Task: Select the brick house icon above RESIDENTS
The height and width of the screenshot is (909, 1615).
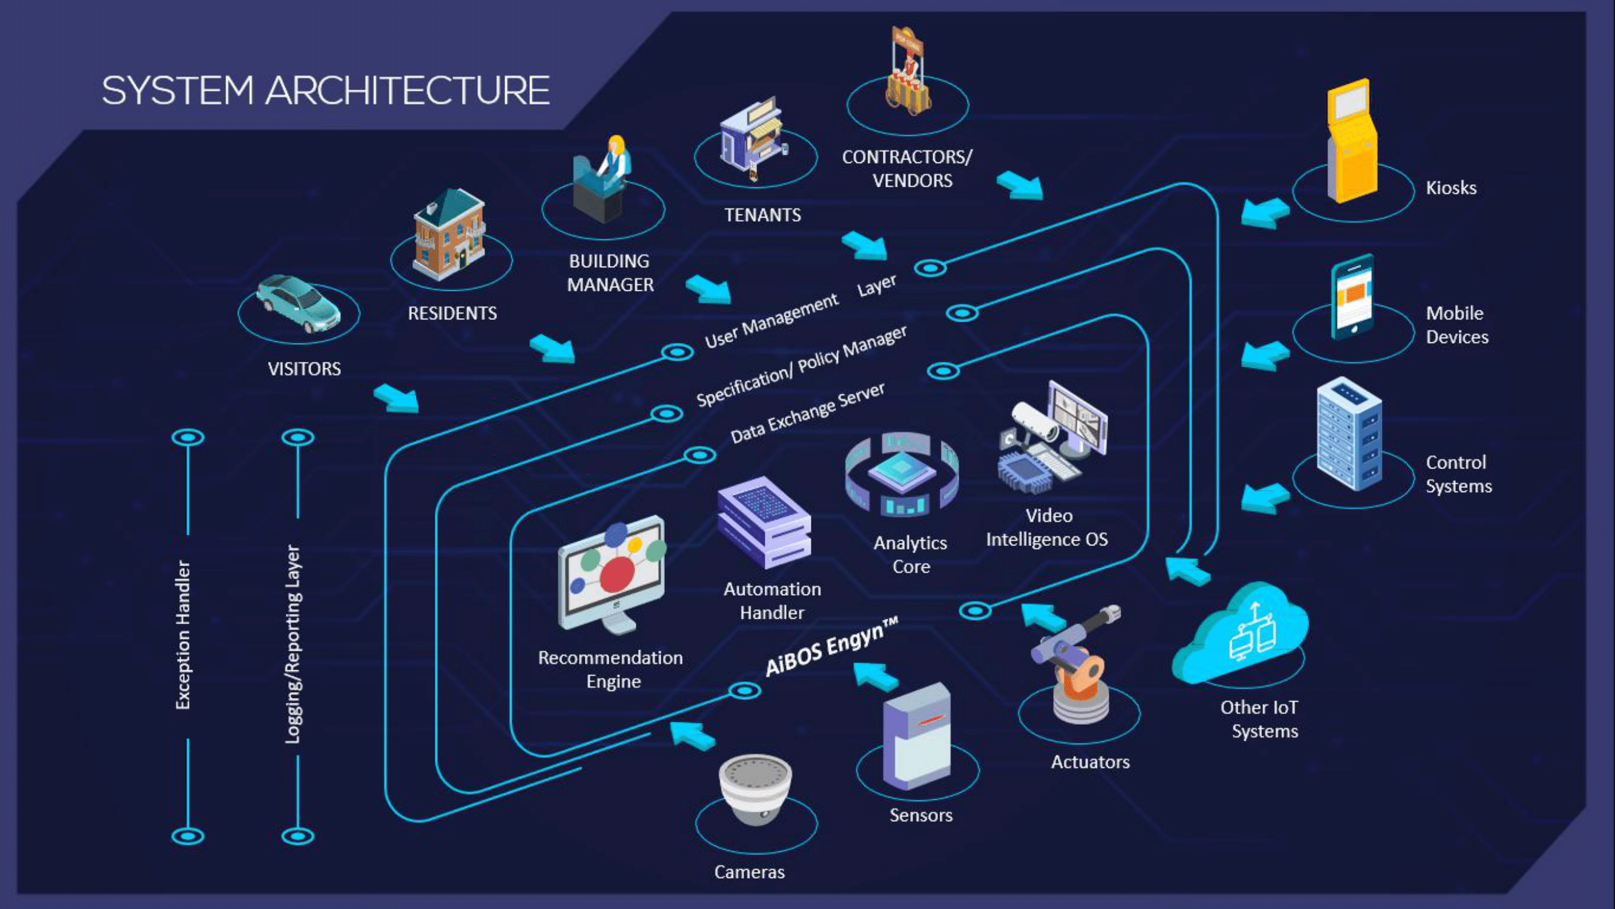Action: tap(449, 235)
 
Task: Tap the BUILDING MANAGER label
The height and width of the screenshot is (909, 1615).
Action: tap(609, 273)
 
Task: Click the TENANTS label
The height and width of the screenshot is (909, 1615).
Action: tap(762, 215)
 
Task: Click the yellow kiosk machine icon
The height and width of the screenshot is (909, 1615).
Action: tap(1352, 141)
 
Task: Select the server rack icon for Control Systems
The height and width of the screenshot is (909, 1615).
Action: tap(1349, 433)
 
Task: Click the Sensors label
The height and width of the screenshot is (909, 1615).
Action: tap(920, 815)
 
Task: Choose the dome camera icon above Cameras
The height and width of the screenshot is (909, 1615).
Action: tap(755, 788)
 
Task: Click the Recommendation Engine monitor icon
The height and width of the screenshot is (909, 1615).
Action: tap(611, 574)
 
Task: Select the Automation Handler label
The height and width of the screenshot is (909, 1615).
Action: tap(771, 601)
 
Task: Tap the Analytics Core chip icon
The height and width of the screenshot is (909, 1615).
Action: tap(901, 474)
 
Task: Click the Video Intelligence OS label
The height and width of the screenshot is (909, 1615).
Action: tap(1047, 528)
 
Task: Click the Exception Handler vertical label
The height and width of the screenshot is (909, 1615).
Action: tap(182, 635)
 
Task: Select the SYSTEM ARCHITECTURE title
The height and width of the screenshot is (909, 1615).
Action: tap(325, 90)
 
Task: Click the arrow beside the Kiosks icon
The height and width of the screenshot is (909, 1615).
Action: tap(1264, 213)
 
